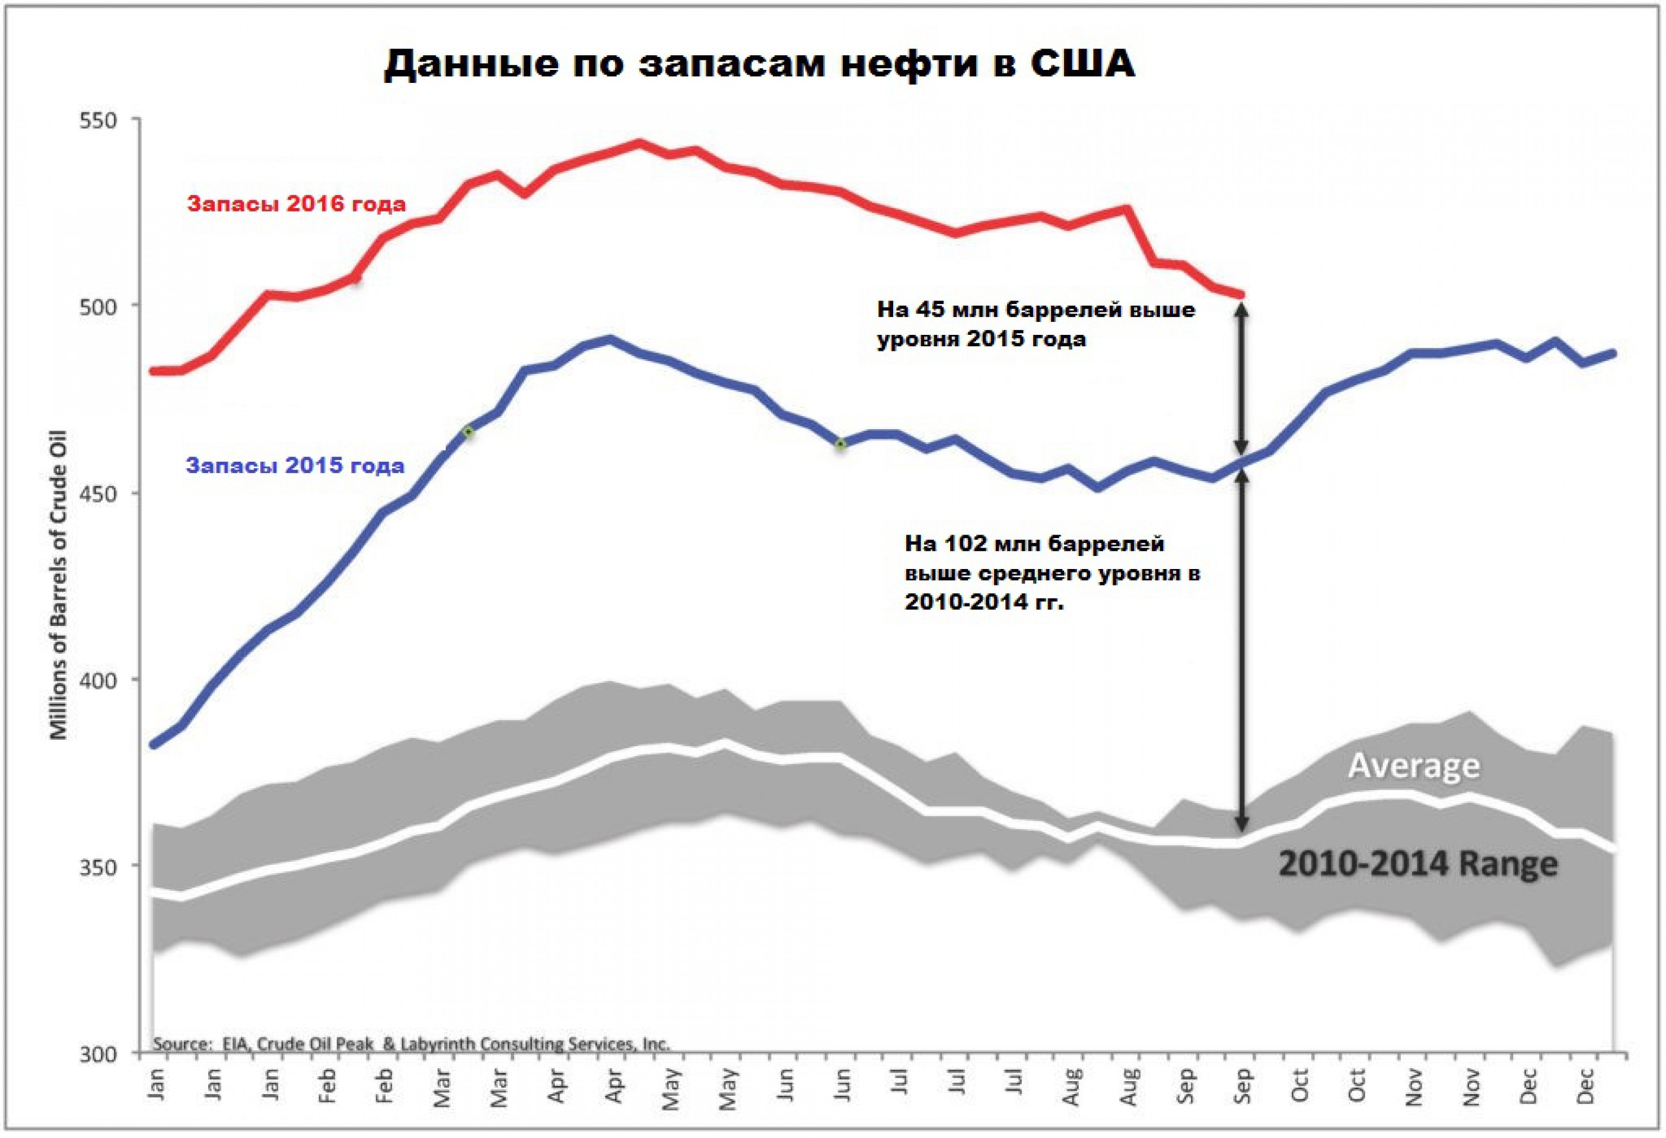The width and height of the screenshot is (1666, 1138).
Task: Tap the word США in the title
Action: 1082,65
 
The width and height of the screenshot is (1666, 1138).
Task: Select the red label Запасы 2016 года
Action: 296,204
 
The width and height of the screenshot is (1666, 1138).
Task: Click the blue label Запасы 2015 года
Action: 295,466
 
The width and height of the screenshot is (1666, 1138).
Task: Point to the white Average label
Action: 1414,766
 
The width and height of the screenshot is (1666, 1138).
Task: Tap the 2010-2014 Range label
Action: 1418,864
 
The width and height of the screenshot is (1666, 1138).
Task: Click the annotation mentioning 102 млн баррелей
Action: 1052,573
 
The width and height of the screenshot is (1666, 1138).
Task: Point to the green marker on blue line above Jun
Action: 840,445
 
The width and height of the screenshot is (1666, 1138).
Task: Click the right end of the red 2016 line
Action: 1241,294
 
